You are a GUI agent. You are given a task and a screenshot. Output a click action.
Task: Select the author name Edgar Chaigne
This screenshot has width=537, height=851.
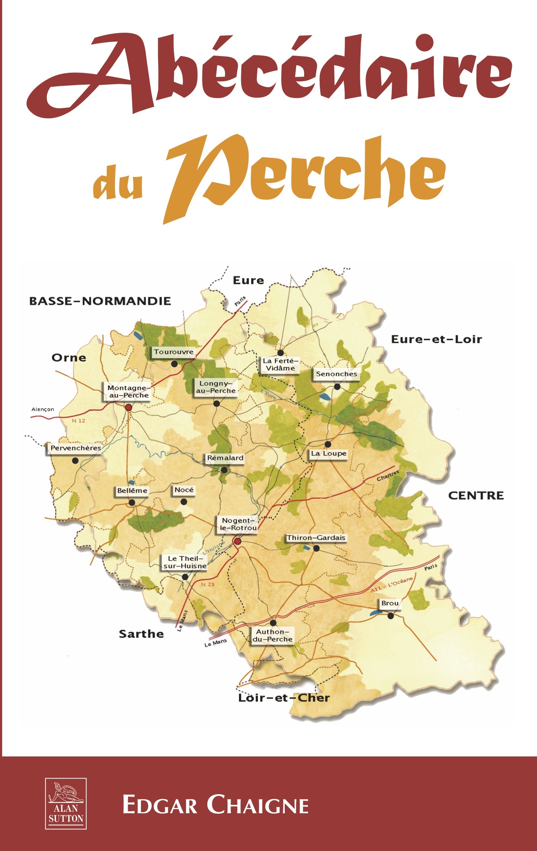[215, 805]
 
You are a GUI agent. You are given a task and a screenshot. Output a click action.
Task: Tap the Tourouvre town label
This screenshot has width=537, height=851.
[174, 352]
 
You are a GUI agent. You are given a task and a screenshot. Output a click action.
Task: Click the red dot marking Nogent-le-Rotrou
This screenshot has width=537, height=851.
[238, 541]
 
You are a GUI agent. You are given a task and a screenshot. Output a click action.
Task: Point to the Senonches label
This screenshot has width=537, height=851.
[337, 374]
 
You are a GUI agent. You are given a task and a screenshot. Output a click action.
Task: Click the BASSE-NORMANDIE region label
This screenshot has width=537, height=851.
[100, 301]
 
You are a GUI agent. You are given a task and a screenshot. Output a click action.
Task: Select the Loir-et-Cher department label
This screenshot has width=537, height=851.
[284, 698]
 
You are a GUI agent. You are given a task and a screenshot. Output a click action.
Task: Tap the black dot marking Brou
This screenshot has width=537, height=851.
[391, 616]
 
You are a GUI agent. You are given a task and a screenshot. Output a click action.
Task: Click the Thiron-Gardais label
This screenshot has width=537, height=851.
[316, 537]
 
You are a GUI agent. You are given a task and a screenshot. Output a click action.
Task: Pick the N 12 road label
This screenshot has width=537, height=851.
[79, 421]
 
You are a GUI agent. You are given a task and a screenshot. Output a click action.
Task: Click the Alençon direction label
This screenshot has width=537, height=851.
[43, 409]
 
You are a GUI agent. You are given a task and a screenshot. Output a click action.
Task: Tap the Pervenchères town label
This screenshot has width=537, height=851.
[76, 448]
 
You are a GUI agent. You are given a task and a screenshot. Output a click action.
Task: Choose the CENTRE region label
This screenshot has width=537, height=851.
[476, 495]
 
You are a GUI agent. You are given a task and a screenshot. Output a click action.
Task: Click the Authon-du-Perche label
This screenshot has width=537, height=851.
[273, 635]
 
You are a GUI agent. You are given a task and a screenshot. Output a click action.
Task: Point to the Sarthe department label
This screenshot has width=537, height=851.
[141, 634]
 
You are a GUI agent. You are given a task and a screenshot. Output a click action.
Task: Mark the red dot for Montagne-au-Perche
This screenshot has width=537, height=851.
[128, 407]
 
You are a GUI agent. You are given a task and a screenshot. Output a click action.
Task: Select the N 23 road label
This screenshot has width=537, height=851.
[208, 584]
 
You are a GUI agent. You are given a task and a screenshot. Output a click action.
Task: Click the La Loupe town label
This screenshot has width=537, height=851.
[329, 453]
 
